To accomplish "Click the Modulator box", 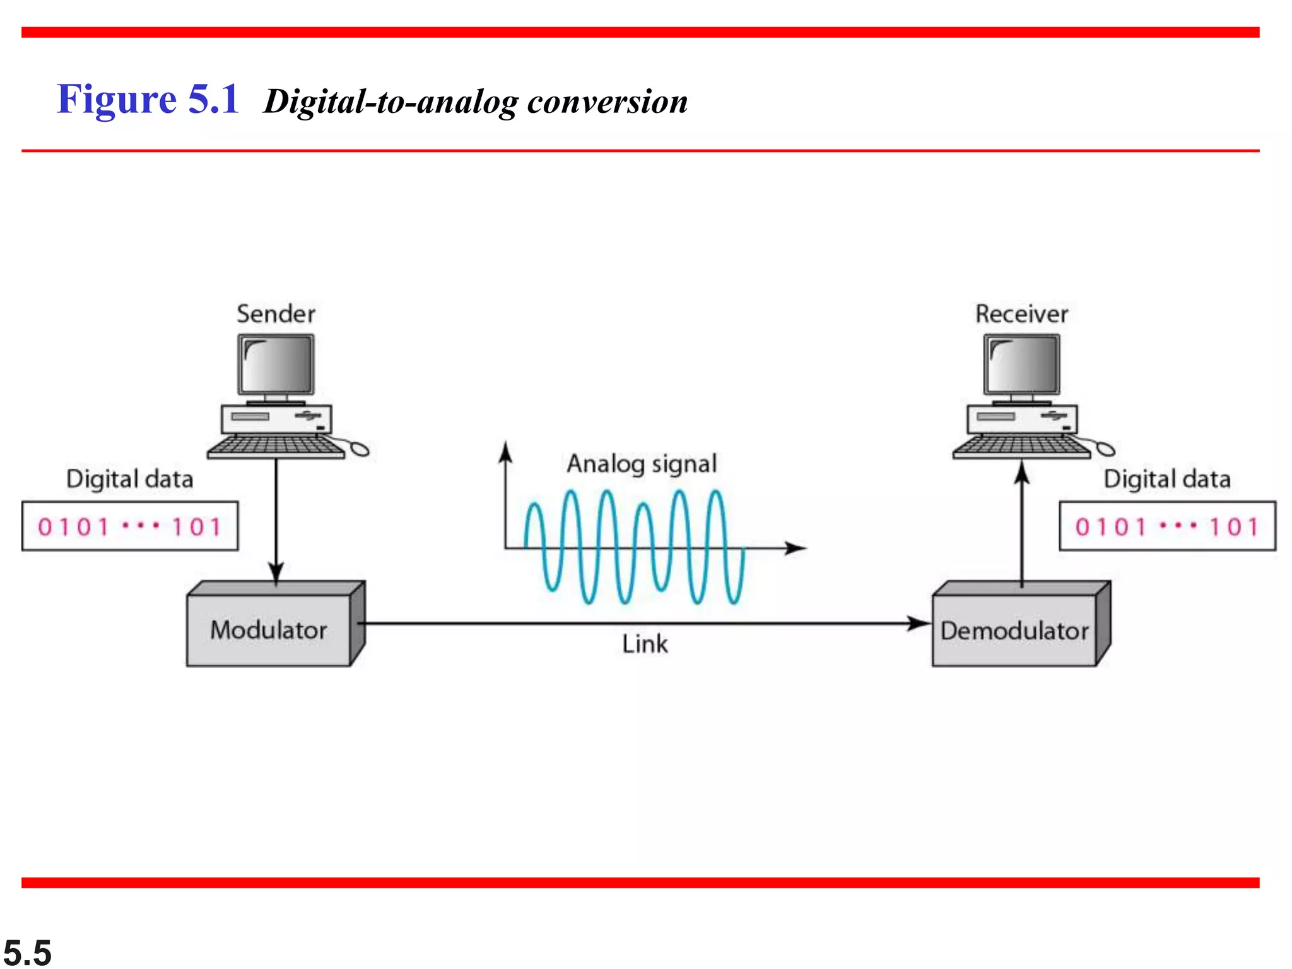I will pyautogui.click(x=269, y=630).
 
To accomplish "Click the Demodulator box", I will pyautogui.click(x=1015, y=630).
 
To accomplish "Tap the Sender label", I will pyautogui.click(x=276, y=314).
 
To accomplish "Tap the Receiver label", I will pyautogui.click(x=1021, y=314).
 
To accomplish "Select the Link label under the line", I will pyautogui.click(x=645, y=644).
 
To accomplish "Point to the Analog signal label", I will pyautogui.click(x=642, y=464).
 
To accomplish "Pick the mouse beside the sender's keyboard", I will pyautogui.click(x=360, y=449).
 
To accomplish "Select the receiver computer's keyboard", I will pyautogui.click(x=1021, y=446).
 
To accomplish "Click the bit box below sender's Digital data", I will pyautogui.click(x=130, y=526).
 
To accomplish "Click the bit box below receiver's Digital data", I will pyautogui.click(x=1167, y=526).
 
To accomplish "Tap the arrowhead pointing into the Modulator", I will pyautogui.click(x=276, y=572).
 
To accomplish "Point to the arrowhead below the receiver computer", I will pyautogui.click(x=1022, y=472).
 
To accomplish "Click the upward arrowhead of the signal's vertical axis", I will pyautogui.click(x=505, y=452).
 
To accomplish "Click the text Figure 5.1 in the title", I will pyautogui.click(x=148, y=100).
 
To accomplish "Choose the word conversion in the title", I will pyautogui.click(x=607, y=102).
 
